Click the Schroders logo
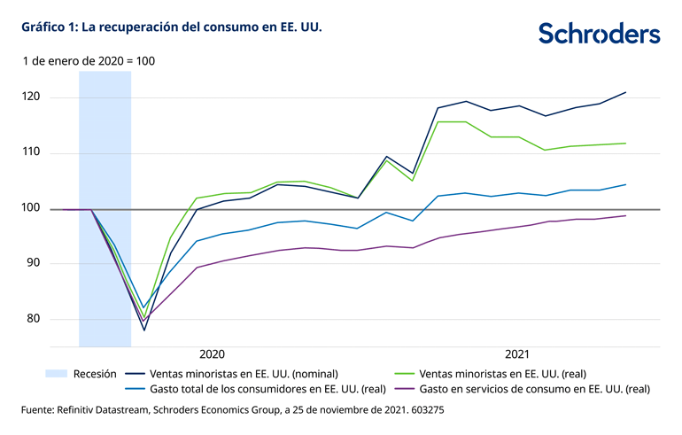click(599, 34)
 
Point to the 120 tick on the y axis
click(33, 97)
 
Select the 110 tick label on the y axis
click(33, 152)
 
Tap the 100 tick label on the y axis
click(33, 208)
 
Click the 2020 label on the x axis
click(213, 353)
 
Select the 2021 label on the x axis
click(518, 353)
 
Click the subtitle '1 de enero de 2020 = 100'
click(89, 61)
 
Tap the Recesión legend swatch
click(56, 373)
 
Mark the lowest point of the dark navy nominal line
click(143, 330)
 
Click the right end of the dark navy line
click(626, 92)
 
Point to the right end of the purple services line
click(626, 215)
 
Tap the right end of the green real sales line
click(626, 144)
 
